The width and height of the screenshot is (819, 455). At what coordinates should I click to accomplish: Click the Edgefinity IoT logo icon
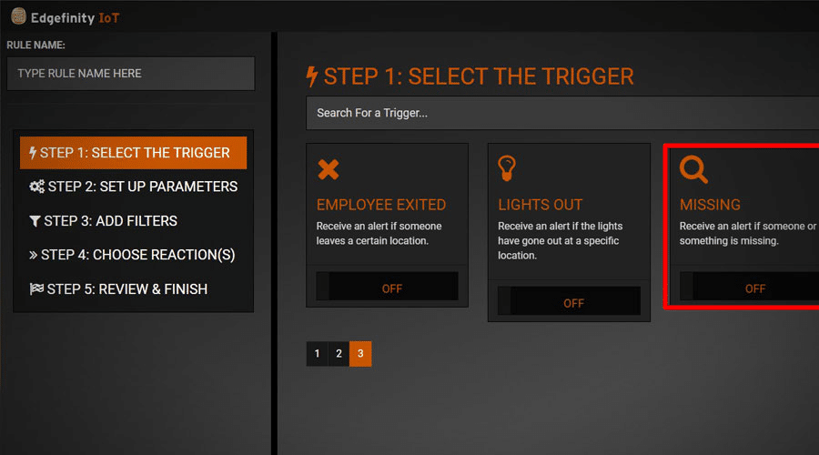(17, 15)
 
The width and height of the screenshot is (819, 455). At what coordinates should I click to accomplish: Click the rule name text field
(130, 74)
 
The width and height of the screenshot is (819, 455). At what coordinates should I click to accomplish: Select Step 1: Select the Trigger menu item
(133, 153)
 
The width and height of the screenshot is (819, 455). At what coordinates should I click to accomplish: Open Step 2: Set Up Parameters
(133, 187)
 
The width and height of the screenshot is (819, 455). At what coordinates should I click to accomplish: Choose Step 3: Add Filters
(103, 221)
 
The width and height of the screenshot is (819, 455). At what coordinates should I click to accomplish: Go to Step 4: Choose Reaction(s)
(133, 255)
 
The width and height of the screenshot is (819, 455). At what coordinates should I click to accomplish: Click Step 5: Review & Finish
(118, 289)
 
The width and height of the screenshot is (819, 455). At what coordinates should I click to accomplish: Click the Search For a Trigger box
(562, 114)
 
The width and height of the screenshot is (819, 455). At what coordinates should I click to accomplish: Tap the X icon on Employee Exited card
(328, 169)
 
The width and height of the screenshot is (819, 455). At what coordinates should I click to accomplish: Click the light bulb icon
(508, 168)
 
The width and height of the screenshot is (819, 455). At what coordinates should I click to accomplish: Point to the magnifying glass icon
(693, 169)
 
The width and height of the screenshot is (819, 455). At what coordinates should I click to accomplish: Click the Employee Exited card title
(381, 205)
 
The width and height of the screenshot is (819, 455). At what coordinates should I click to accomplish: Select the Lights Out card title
(540, 205)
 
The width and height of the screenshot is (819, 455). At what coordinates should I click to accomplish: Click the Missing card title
(710, 205)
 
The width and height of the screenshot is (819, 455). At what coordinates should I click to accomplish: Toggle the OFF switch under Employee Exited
(388, 288)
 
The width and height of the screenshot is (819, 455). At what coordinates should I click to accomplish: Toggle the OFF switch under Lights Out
(569, 302)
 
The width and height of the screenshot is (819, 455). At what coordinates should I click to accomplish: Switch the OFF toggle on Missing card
(751, 288)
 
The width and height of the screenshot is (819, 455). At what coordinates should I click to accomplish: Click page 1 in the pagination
(317, 354)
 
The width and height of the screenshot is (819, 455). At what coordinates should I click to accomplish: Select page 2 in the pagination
(339, 354)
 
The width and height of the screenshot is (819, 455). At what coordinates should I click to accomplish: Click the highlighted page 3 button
(360, 354)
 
